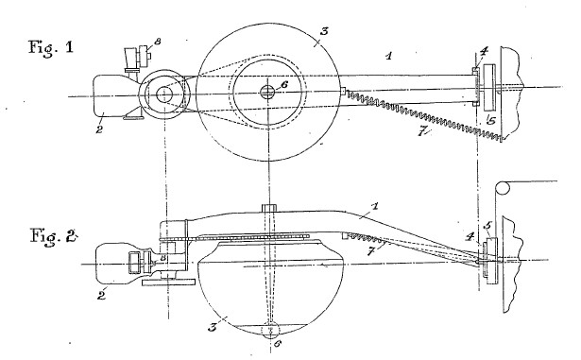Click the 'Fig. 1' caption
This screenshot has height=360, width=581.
tap(51, 48)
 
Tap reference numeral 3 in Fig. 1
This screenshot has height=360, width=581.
tap(324, 31)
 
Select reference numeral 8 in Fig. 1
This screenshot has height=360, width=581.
tap(158, 42)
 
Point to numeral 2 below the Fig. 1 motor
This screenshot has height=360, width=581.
tap(99, 129)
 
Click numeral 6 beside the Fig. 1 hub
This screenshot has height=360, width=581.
tap(284, 84)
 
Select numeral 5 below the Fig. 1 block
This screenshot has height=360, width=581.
tap(491, 120)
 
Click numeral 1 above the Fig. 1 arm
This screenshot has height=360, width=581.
tap(388, 56)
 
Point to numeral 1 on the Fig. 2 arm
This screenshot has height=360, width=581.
tap(375, 206)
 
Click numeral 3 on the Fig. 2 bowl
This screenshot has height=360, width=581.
tap(212, 327)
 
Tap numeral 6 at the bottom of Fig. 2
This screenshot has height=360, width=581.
tap(277, 343)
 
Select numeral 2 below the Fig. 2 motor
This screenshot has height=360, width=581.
tap(101, 295)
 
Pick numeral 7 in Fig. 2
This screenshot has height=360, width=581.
tap(370, 251)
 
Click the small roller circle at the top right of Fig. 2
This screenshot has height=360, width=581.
tap(503, 188)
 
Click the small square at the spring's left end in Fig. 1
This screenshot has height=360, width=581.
tap(343, 91)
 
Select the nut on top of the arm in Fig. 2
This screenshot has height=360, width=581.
tap(269, 208)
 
